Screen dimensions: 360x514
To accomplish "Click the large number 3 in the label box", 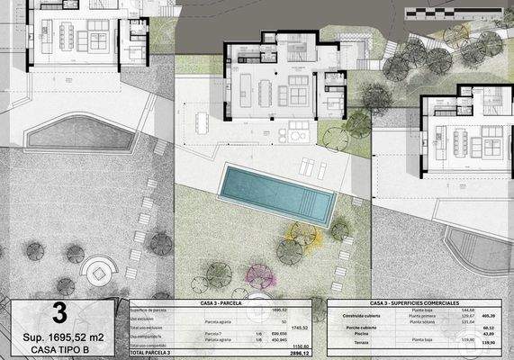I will (59, 313).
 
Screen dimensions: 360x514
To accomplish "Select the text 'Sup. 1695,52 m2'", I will (59, 337).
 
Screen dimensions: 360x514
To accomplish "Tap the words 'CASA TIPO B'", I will (59, 349).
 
